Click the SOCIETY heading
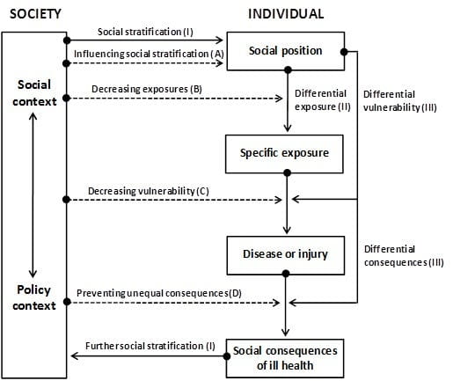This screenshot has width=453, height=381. (x=35, y=14)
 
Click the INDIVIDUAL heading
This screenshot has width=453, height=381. (x=286, y=14)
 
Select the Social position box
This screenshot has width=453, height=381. (x=286, y=51)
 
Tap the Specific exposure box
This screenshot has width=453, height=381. (x=284, y=154)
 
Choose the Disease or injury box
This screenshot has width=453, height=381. (x=286, y=256)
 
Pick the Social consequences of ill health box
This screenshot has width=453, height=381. (x=285, y=358)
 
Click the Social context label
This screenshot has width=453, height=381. (x=34, y=92)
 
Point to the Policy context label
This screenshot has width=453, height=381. (x=34, y=297)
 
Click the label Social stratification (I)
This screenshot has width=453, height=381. (x=145, y=32)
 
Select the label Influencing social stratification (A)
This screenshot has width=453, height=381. (x=149, y=54)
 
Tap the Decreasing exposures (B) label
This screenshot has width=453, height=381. (x=147, y=89)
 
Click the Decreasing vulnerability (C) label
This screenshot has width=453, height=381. (x=149, y=191)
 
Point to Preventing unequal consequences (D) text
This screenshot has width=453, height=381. (x=159, y=293)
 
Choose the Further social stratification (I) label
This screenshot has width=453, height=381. (x=150, y=346)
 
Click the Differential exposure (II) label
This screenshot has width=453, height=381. (x=323, y=100)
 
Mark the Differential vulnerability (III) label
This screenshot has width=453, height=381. (x=400, y=101)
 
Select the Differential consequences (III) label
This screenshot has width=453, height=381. (x=404, y=256)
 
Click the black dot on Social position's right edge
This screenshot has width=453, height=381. (x=344, y=52)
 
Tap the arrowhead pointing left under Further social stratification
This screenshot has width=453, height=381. (x=74, y=356)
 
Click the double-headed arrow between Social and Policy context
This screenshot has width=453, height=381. (x=33, y=195)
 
